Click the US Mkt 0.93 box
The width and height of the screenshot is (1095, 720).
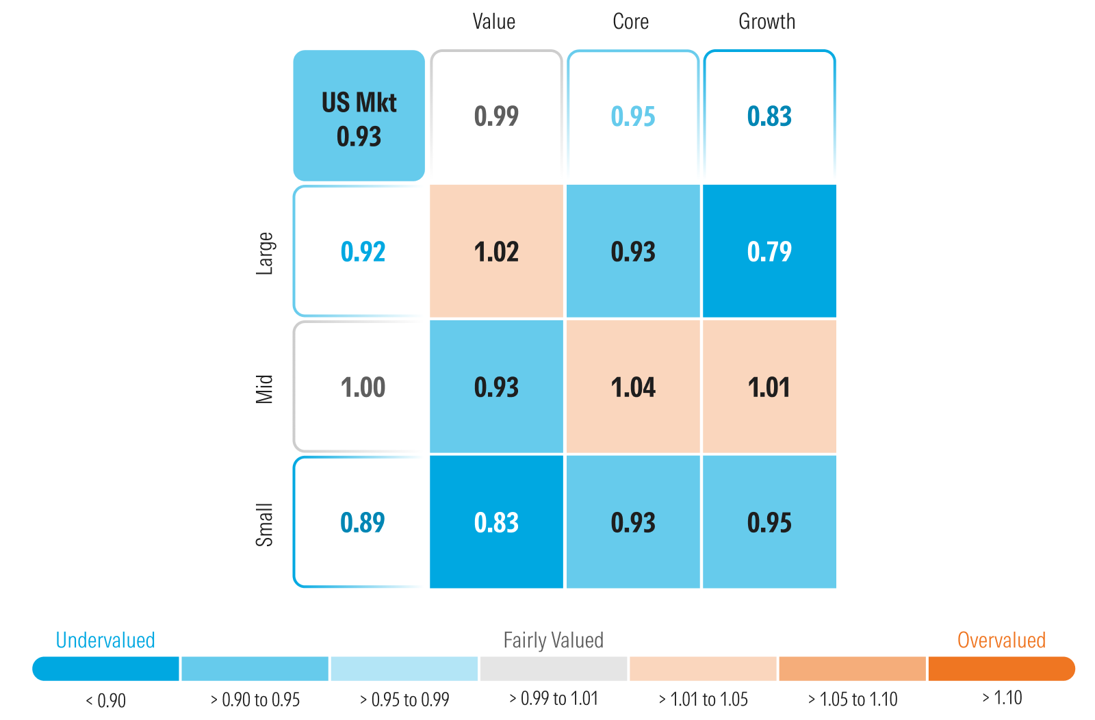pyautogui.click(x=359, y=116)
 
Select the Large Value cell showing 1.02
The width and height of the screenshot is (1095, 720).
pyautogui.click(x=496, y=251)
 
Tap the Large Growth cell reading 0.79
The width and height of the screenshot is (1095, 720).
pyautogui.click(x=769, y=251)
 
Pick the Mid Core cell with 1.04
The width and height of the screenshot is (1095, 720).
pyautogui.click(x=633, y=387)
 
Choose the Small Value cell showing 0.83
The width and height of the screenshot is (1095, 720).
pyautogui.click(x=496, y=522)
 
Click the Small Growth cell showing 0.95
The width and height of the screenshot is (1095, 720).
pyautogui.click(x=769, y=522)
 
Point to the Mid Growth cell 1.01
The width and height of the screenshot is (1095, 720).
pyautogui.click(x=769, y=387)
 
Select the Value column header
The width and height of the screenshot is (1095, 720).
pyautogui.click(x=493, y=22)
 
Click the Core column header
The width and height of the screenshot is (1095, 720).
pyautogui.click(x=630, y=22)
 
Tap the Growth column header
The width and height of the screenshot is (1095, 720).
pyautogui.click(x=766, y=22)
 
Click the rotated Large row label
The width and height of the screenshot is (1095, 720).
pyautogui.click(x=265, y=253)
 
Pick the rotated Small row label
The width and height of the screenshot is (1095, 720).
pyautogui.click(x=265, y=525)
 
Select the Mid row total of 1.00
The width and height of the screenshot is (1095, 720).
pyautogui.click(x=363, y=387)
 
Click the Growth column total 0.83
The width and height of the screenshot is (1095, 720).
pyautogui.click(x=769, y=116)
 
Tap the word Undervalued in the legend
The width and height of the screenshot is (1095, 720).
pyautogui.click(x=105, y=640)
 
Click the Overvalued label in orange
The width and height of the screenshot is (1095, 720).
pyautogui.click(x=1001, y=640)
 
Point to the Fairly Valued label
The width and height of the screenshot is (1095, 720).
pyautogui.click(x=553, y=640)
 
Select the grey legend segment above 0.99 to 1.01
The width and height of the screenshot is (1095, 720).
pyautogui.click(x=553, y=669)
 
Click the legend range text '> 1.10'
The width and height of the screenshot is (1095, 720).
pyautogui.click(x=1002, y=698)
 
